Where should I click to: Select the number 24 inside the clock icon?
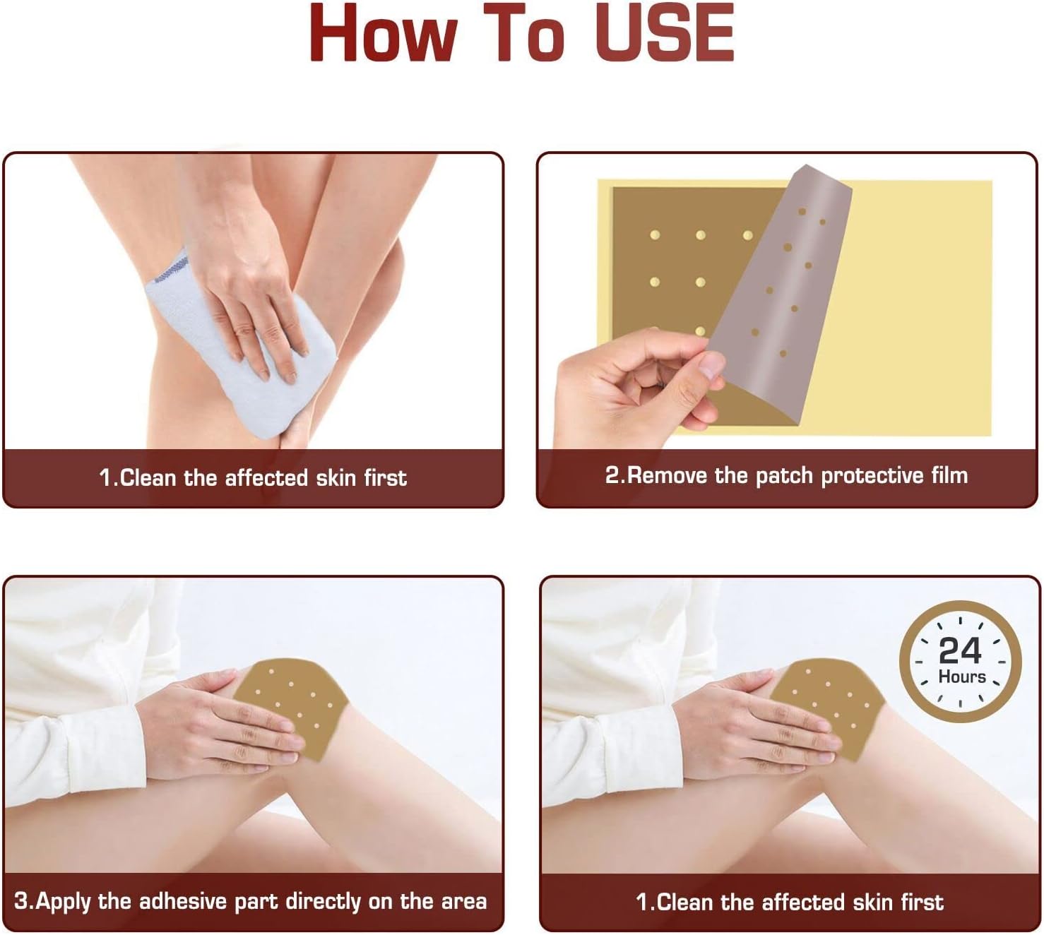point(959,650)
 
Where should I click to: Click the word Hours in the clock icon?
point(961,677)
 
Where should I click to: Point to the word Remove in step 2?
point(667,475)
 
